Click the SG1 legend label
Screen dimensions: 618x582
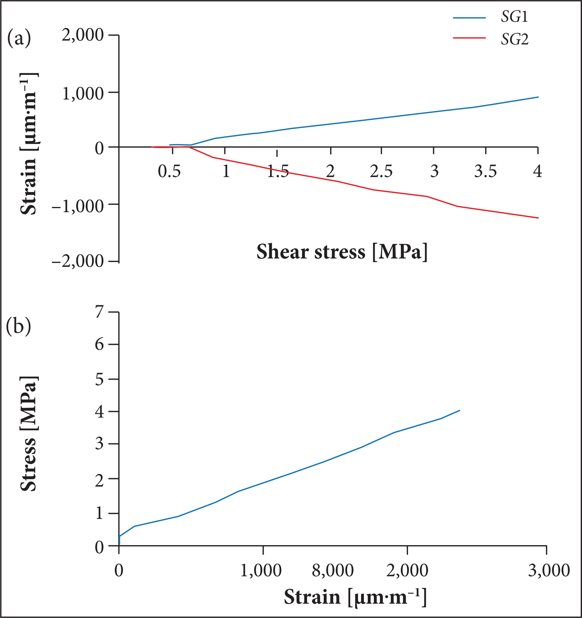point(514,17)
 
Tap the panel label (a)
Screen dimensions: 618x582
point(19,37)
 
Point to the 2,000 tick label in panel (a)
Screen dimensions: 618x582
point(83,35)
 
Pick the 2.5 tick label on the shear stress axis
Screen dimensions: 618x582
point(381,171)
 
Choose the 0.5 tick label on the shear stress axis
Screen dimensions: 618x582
point(169,171)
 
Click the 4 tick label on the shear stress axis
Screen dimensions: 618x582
point(538,171)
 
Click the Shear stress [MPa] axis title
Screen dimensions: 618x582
point(342,252)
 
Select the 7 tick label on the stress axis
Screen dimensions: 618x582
point(99,312)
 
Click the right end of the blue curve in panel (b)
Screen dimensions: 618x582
point(460,411)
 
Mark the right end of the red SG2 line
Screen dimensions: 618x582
point(538,218)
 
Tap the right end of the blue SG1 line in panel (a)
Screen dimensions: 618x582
point(538,97)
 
